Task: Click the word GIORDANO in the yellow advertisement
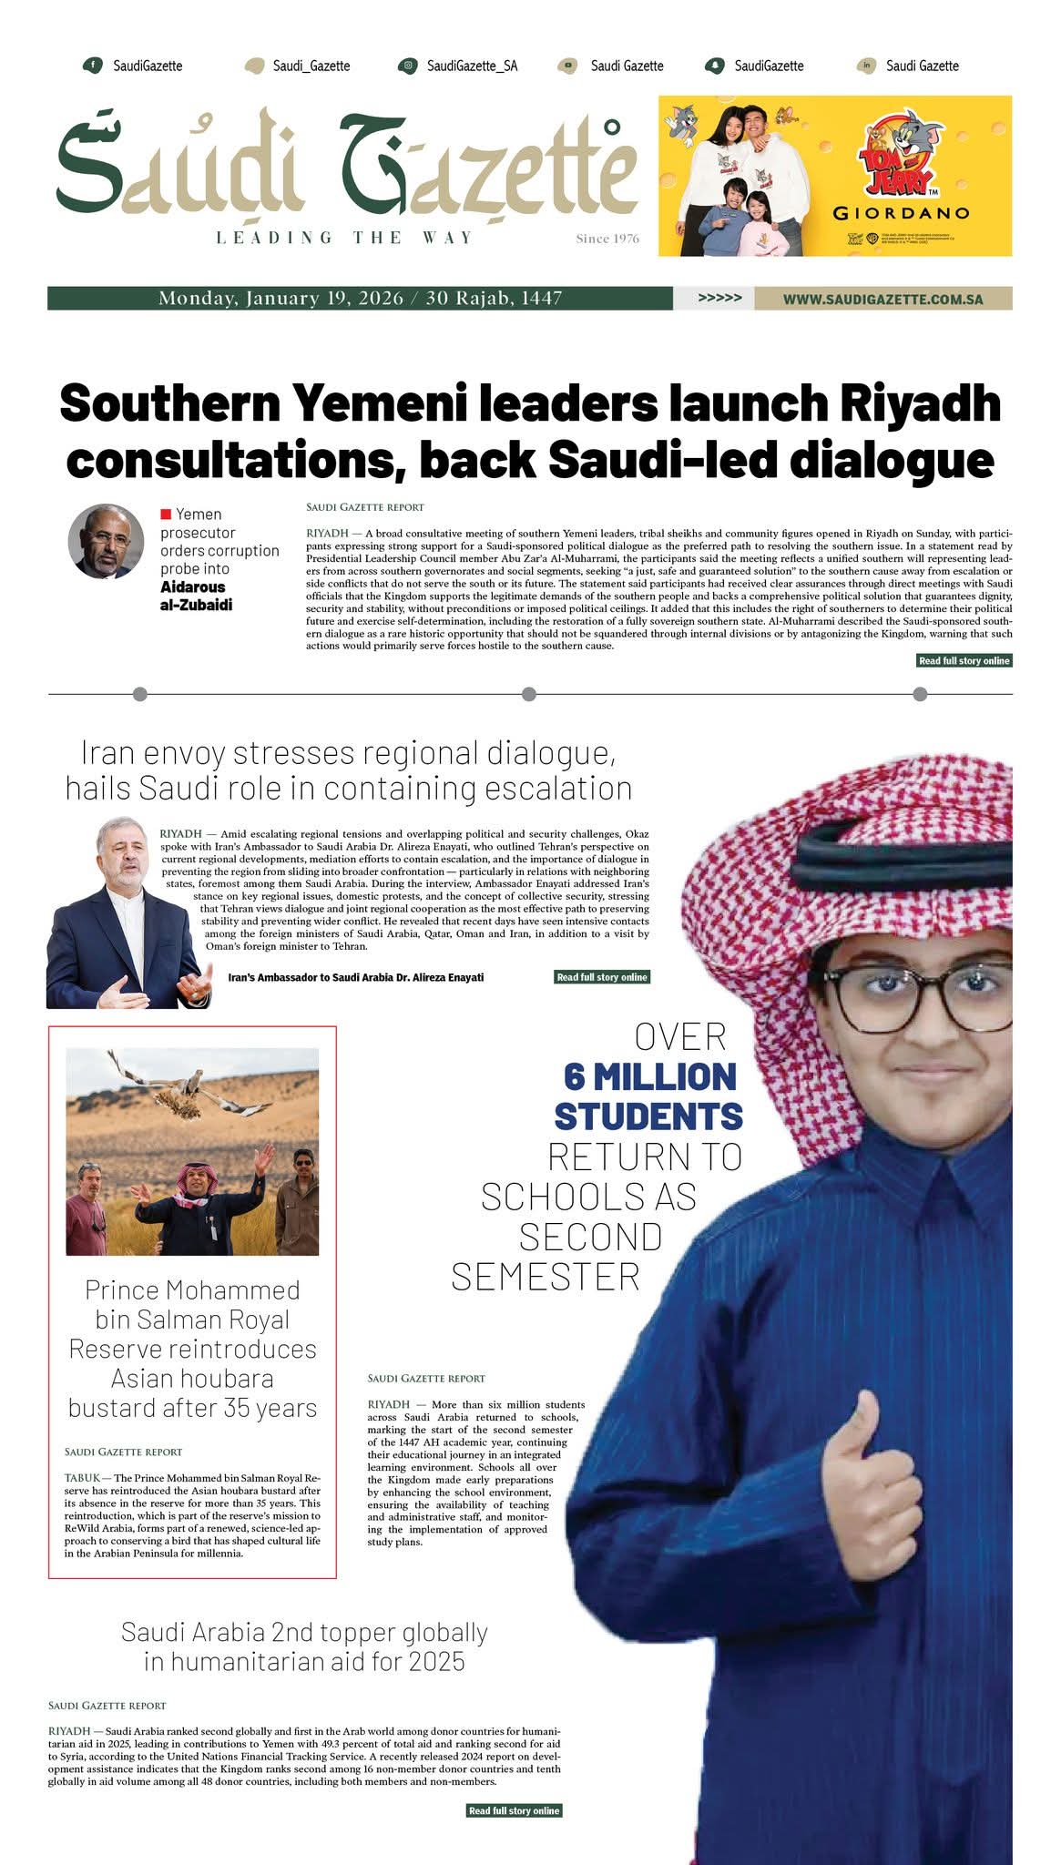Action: click(901, 214)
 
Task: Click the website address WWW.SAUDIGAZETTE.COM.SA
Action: click(882, 299)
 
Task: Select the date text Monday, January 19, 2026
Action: click(281, 298)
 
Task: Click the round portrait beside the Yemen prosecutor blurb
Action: click(107, 541)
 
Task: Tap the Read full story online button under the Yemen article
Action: click(964, 660)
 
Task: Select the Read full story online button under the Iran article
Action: click(602, 977)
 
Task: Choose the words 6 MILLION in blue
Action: click(649, 1076)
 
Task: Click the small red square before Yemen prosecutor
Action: click(166, 515)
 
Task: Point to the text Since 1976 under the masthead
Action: click(607, 239)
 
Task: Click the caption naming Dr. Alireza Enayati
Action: click(355, 977)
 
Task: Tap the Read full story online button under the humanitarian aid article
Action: click(514, 1810)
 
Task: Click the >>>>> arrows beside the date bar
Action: click(719, 298)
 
